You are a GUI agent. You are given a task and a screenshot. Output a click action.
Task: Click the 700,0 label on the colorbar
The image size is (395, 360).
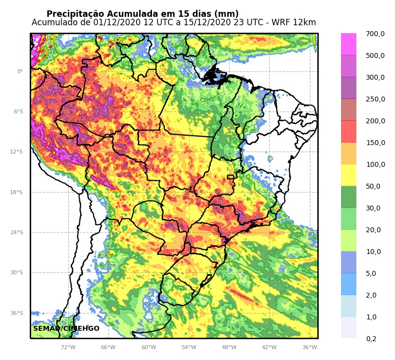click(x=375, y=34)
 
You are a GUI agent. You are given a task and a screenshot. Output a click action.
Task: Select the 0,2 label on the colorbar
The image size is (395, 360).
click(x=371, y=339)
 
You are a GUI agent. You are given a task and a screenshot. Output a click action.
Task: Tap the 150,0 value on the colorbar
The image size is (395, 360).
click(x=375, y=143)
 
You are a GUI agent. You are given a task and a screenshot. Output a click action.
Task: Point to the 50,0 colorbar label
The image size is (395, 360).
click(x=373, y=187)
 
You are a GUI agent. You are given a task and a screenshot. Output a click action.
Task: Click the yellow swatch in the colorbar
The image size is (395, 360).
click(x=348, y=175)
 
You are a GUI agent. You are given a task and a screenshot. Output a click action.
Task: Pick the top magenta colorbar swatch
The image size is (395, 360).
click(x=348, y=44)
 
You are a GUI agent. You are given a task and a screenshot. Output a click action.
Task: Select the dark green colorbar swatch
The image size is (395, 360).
click(x=348, y=197)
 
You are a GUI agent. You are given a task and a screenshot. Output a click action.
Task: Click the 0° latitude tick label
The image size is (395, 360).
click(x=20, y=72)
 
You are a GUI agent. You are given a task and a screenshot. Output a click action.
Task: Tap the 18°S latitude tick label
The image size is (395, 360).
click(x=17, y=193)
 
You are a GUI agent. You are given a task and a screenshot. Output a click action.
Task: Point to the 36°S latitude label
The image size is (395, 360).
click(x=17, y=313)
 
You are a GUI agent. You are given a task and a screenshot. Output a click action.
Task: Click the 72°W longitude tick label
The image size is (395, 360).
click(x=68, y=348)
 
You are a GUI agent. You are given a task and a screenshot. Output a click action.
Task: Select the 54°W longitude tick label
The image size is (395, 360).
click(x=189, y=348)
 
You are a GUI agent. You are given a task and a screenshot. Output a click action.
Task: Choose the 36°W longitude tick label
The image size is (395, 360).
click(x=309, y=348)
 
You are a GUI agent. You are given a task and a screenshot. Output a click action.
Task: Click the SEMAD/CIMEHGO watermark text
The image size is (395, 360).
click(x=66, y=329)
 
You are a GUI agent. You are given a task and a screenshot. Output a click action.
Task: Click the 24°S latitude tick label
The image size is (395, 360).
click(x=17, y=233)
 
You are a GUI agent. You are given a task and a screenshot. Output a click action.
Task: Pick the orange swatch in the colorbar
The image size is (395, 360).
click(x=348, y=154)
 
